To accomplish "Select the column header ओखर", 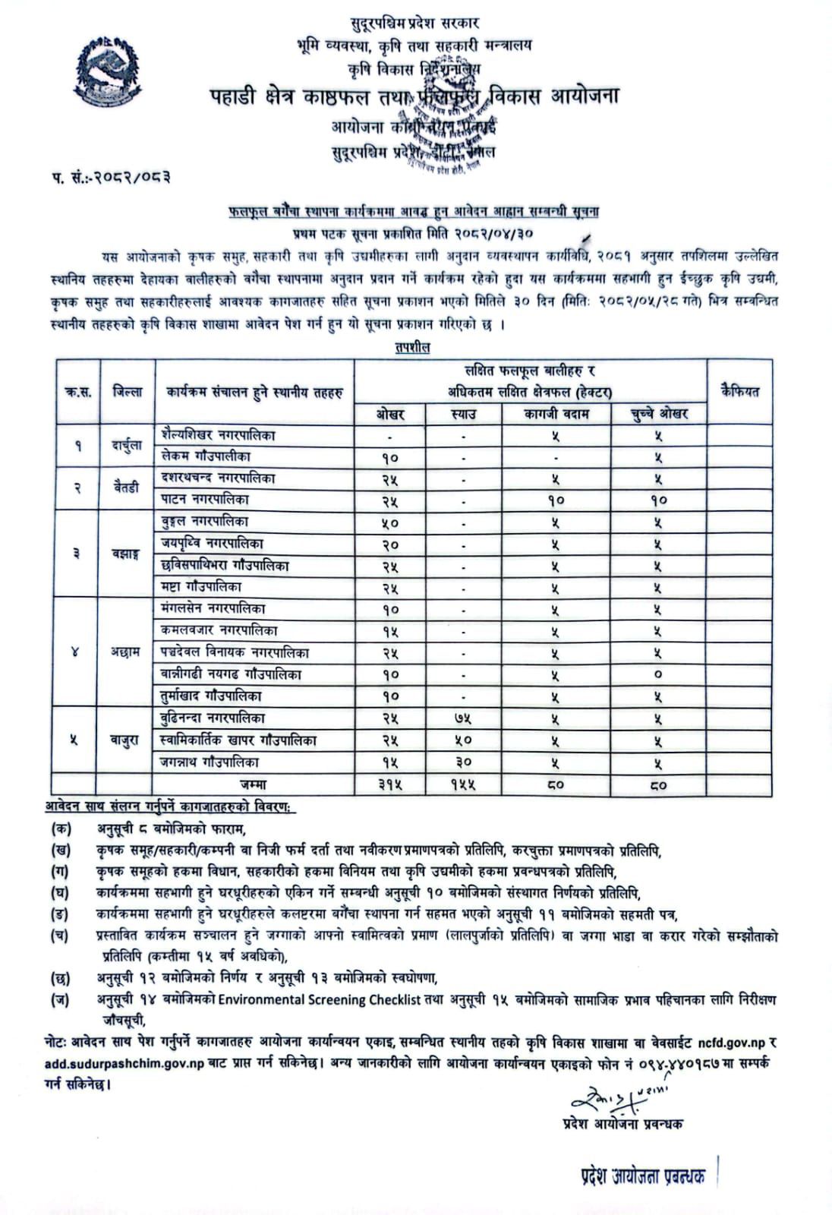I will click(391, 414).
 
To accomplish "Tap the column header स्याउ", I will click(463, 414).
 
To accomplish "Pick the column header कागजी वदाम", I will click(556, 414).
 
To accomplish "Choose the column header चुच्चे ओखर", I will click(659, 414).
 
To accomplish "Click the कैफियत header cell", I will click(739, 392).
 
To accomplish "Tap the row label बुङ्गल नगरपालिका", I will click(204, 522).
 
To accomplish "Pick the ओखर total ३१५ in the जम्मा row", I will click(391, 785).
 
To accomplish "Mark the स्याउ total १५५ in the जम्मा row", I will click(463, 785).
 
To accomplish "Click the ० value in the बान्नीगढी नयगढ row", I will click(658, 675).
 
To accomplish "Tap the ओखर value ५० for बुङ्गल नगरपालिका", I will click(391, 523).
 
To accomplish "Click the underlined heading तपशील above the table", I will click(412, 348).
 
